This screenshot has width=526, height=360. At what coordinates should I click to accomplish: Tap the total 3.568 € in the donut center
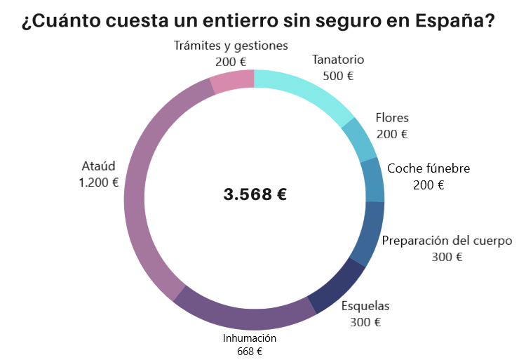pyautogui.click(x=255, y=194)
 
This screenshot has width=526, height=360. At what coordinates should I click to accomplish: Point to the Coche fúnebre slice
pyautogui.click(x=374, y=180)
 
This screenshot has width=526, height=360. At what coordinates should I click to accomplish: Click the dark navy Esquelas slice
pyautogui.click(x=335, y=285)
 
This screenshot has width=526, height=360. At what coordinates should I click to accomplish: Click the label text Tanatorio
pyautogui.click(x=338, y=60)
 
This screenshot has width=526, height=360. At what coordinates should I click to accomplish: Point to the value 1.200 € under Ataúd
pyautogui.click(x=98, y=182)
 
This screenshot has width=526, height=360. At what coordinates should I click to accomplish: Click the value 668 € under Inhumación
pyautogui.click(x=250, y=351)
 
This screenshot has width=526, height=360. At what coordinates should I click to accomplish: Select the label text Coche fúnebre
pyautogui.click(x=429, y=168)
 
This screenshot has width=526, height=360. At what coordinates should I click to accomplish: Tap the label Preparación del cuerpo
pyautogui.click(x=447, y=241)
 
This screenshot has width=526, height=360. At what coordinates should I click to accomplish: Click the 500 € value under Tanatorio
pyautogui.click(x=338, y=76)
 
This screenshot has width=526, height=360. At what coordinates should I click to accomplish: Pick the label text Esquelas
pyautogui.click(x=365, y=306)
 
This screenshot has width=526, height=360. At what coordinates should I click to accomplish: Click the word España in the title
pyautogui.click(x=453, y=21)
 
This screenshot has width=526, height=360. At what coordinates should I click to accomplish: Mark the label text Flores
pyautogui.click(x=392, y=117)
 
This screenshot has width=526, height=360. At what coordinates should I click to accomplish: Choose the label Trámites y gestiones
pyautogui.click(x=231, y=46)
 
